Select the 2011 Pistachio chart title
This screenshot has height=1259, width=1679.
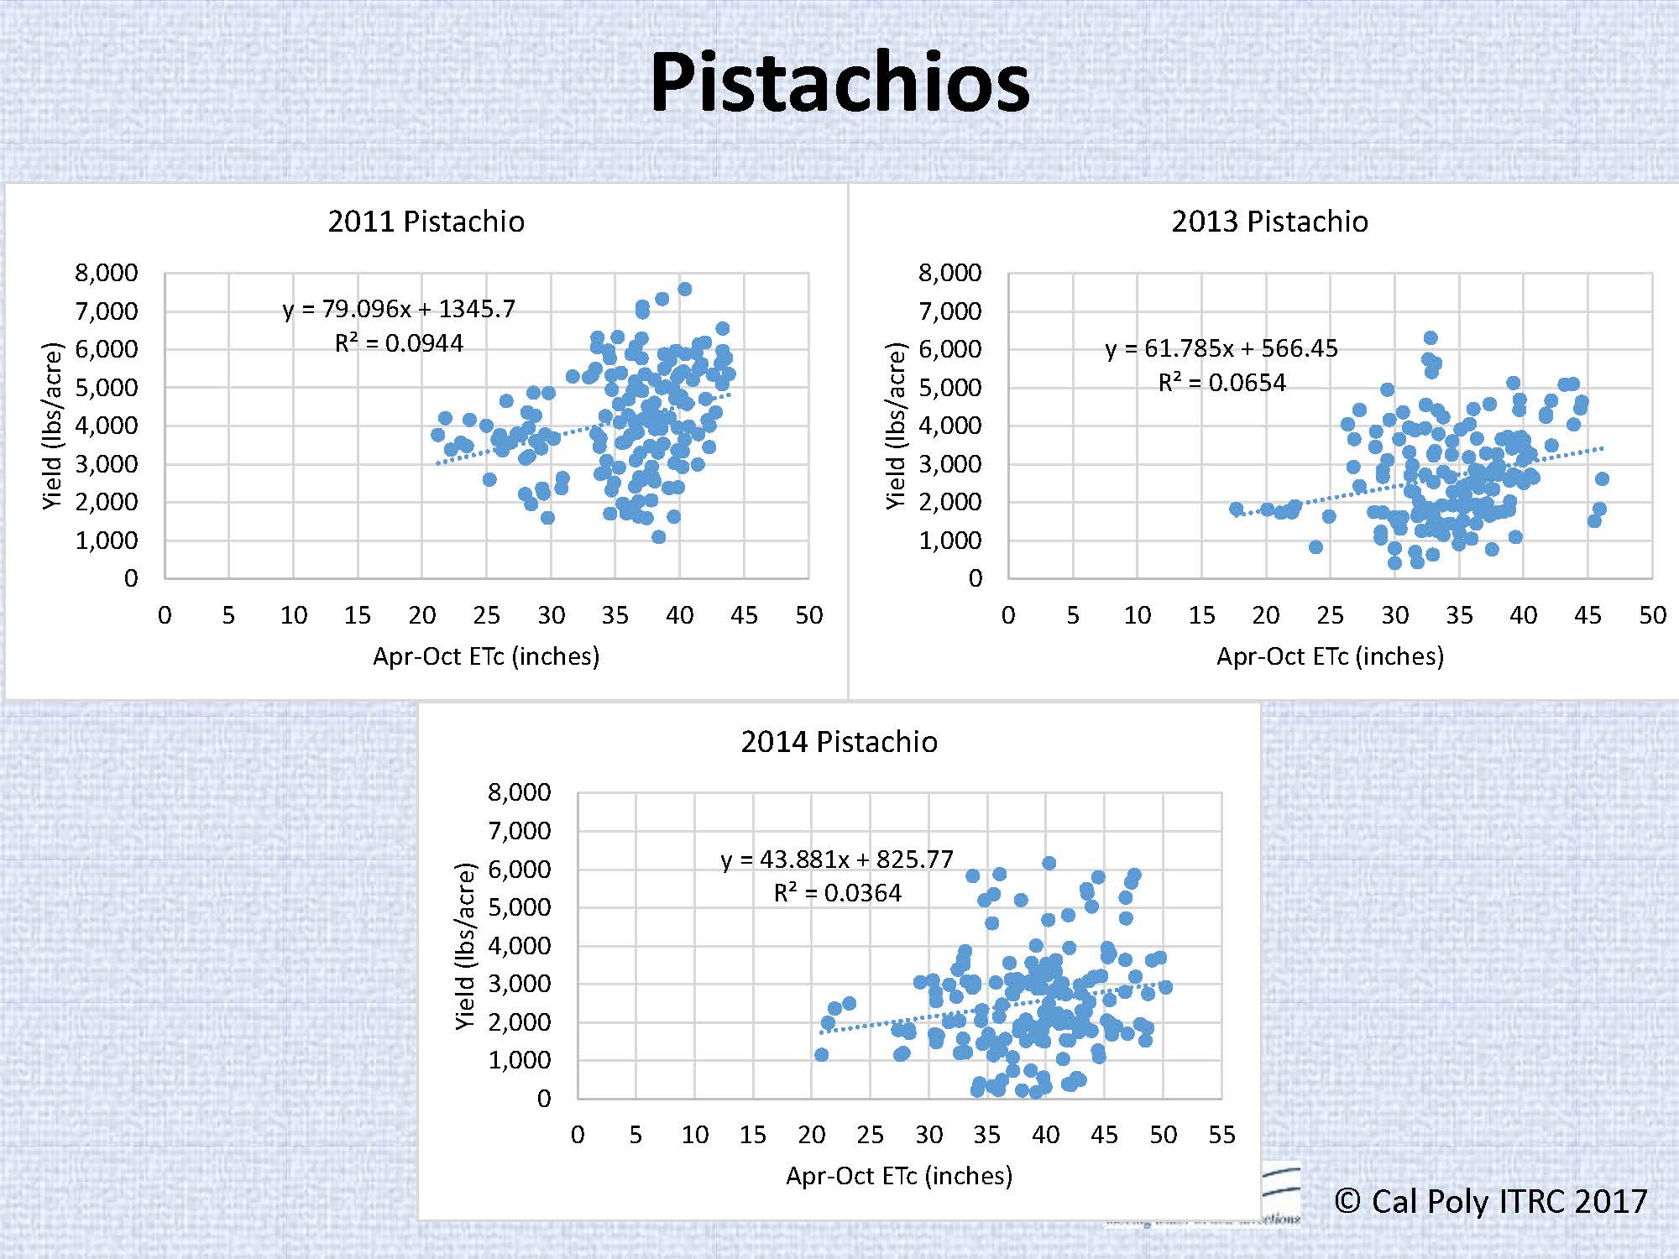click(426, 222)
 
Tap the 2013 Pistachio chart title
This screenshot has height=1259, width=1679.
click(1269, 222)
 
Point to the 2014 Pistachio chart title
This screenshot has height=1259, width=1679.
click(839, 742)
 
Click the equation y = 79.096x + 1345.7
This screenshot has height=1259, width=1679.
click(399, 309)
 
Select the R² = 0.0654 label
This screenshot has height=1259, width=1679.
click(1221, 383)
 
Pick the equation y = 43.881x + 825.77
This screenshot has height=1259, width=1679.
click(837, 859)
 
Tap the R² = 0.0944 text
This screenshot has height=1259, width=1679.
click(399, 343)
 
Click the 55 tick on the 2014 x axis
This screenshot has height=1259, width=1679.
click(1221, 1135)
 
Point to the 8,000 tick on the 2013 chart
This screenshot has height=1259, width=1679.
click(949, 273)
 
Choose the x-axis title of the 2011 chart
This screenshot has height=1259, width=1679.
click(486, 656)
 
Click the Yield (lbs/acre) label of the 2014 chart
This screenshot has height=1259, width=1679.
click(465, 946)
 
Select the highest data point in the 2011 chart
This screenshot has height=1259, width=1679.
click(684, 289)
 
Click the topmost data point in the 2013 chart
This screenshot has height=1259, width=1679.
click(1431, 337)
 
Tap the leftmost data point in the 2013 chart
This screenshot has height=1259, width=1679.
click(1236, 509)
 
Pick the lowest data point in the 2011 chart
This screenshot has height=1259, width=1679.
click(659, 537)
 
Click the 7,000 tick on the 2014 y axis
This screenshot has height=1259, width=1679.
click(519, 831)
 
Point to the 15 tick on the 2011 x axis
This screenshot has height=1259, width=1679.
click(358, 615)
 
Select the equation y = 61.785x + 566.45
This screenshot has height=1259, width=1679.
click(1221, 348)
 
